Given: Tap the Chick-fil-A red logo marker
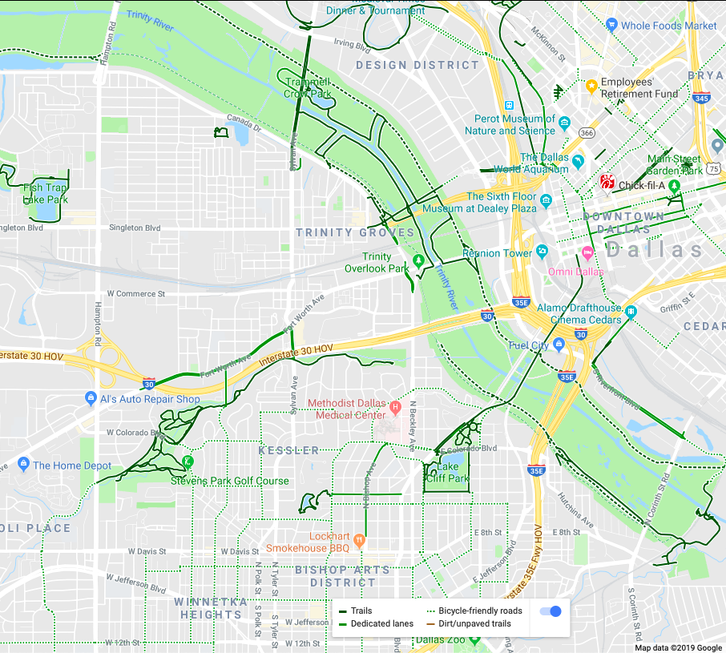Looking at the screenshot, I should pos(607,183).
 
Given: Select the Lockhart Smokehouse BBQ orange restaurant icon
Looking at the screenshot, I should pos(359,538).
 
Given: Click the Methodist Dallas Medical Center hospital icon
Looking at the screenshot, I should pos(394,408).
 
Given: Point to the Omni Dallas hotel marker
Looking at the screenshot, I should pos(587,254).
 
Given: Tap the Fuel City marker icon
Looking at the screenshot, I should pos(559,345).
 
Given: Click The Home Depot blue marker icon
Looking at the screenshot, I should pos(22,465).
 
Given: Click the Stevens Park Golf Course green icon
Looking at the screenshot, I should pos(187,462).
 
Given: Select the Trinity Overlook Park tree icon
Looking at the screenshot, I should pos(417,261).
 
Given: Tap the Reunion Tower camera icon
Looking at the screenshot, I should pos(542,253).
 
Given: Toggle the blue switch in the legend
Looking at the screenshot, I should pos(550,611).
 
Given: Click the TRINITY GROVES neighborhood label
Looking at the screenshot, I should pos(355,232).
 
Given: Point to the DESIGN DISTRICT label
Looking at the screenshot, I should pos(406,65).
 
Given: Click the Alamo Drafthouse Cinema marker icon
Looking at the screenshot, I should pos(631,311).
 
